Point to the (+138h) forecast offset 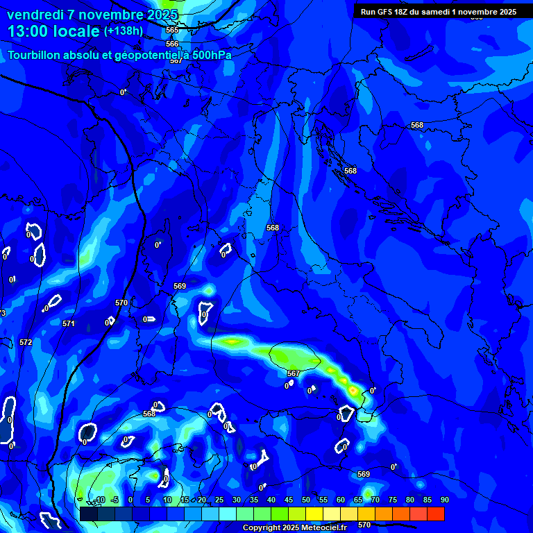click(x=123, y=31)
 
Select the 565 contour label click(x=172, y=31)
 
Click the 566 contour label click(x=172, y=44)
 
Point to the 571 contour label click(x=68, y=324)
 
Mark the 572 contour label click(x=26, y=342)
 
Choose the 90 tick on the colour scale click(x=444, y=500)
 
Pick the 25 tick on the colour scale click(x=219, y=500)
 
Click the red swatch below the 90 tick click(x=436, y=514)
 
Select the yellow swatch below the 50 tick click(x=314, y=514)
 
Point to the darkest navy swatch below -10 click(x=89, y=514)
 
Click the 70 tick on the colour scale click(x=375, y=500)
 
